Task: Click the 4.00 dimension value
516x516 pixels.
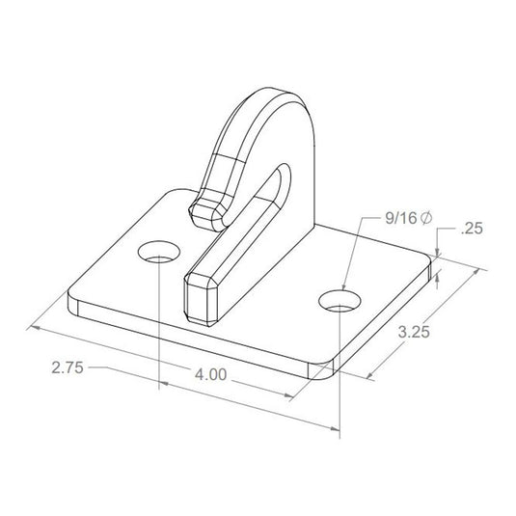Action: point(210,377)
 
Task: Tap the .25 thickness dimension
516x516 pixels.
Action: point(472,230)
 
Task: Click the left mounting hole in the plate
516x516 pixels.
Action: point(158,254)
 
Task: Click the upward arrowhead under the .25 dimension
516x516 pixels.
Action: point(439,279)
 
